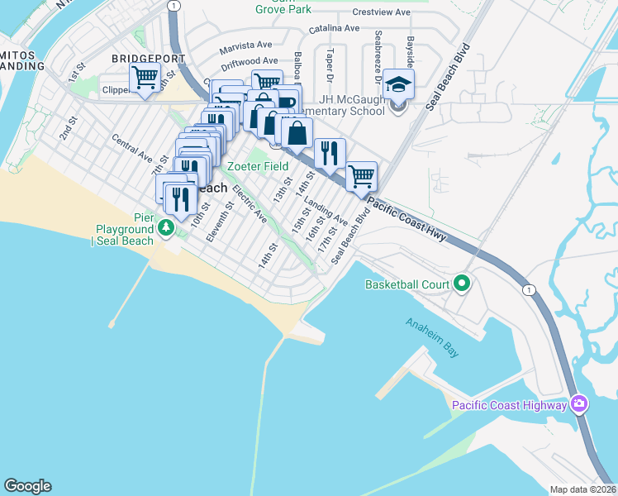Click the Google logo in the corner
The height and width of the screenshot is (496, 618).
pos(27,486)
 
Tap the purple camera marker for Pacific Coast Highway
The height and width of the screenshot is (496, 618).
pos(579,404)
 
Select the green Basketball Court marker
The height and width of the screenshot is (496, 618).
pos(462,284)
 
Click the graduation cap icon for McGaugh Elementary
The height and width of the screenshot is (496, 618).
pos(398,85)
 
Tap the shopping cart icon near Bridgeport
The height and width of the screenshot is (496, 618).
pos(145,79)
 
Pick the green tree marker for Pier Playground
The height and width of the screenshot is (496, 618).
pos(166,227)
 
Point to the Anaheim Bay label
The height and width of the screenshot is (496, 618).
pos(431,334)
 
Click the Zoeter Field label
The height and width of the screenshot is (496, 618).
pos(259,166)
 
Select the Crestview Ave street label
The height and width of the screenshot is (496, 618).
pos(381,12)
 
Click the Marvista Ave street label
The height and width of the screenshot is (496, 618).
pos(245,45)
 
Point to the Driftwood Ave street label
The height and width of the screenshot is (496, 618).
pos(249,61)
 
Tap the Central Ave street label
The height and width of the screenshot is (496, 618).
pos(133,146)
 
